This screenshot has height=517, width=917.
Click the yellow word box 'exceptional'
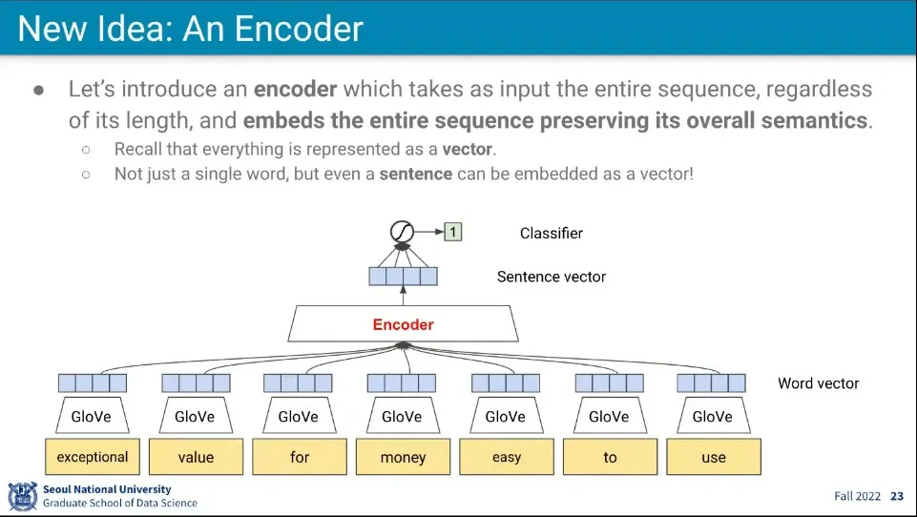(93, 457)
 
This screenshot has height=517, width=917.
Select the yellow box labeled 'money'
(403, 457)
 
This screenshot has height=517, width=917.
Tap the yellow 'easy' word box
(507, 457)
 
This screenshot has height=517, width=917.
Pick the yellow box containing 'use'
(714, 457)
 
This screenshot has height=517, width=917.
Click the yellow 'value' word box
(196, 457)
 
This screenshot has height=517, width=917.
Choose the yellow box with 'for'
(300, 457)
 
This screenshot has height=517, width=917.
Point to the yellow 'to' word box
(610, 457)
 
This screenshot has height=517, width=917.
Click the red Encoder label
(403, 324)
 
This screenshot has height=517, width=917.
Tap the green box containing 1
(452, 232)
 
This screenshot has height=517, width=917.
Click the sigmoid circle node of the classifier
(403, 232)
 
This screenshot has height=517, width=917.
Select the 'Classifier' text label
(551, 233)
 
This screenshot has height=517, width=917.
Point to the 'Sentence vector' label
(551, 277)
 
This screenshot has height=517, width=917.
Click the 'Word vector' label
(818, 383)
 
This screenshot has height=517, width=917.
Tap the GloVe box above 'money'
(402, 417)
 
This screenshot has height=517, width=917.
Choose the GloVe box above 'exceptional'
(92, 417)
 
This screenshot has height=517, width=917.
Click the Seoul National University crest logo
(22, 497)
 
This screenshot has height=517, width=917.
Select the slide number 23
(897, 496)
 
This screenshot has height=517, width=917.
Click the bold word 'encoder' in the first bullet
(295, 90)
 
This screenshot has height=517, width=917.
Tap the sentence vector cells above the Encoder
(403, 277)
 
